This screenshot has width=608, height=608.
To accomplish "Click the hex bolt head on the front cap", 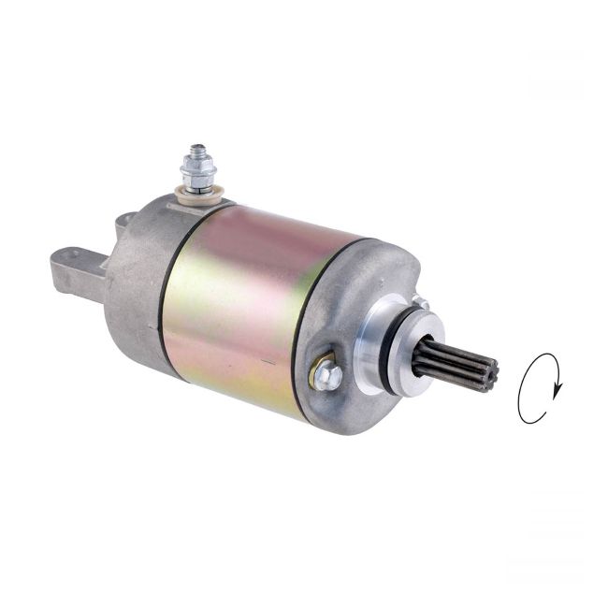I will [326, 375].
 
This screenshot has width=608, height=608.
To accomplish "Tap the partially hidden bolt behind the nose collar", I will [420, 303].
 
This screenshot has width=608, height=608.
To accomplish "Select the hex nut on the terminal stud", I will [198, 171].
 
